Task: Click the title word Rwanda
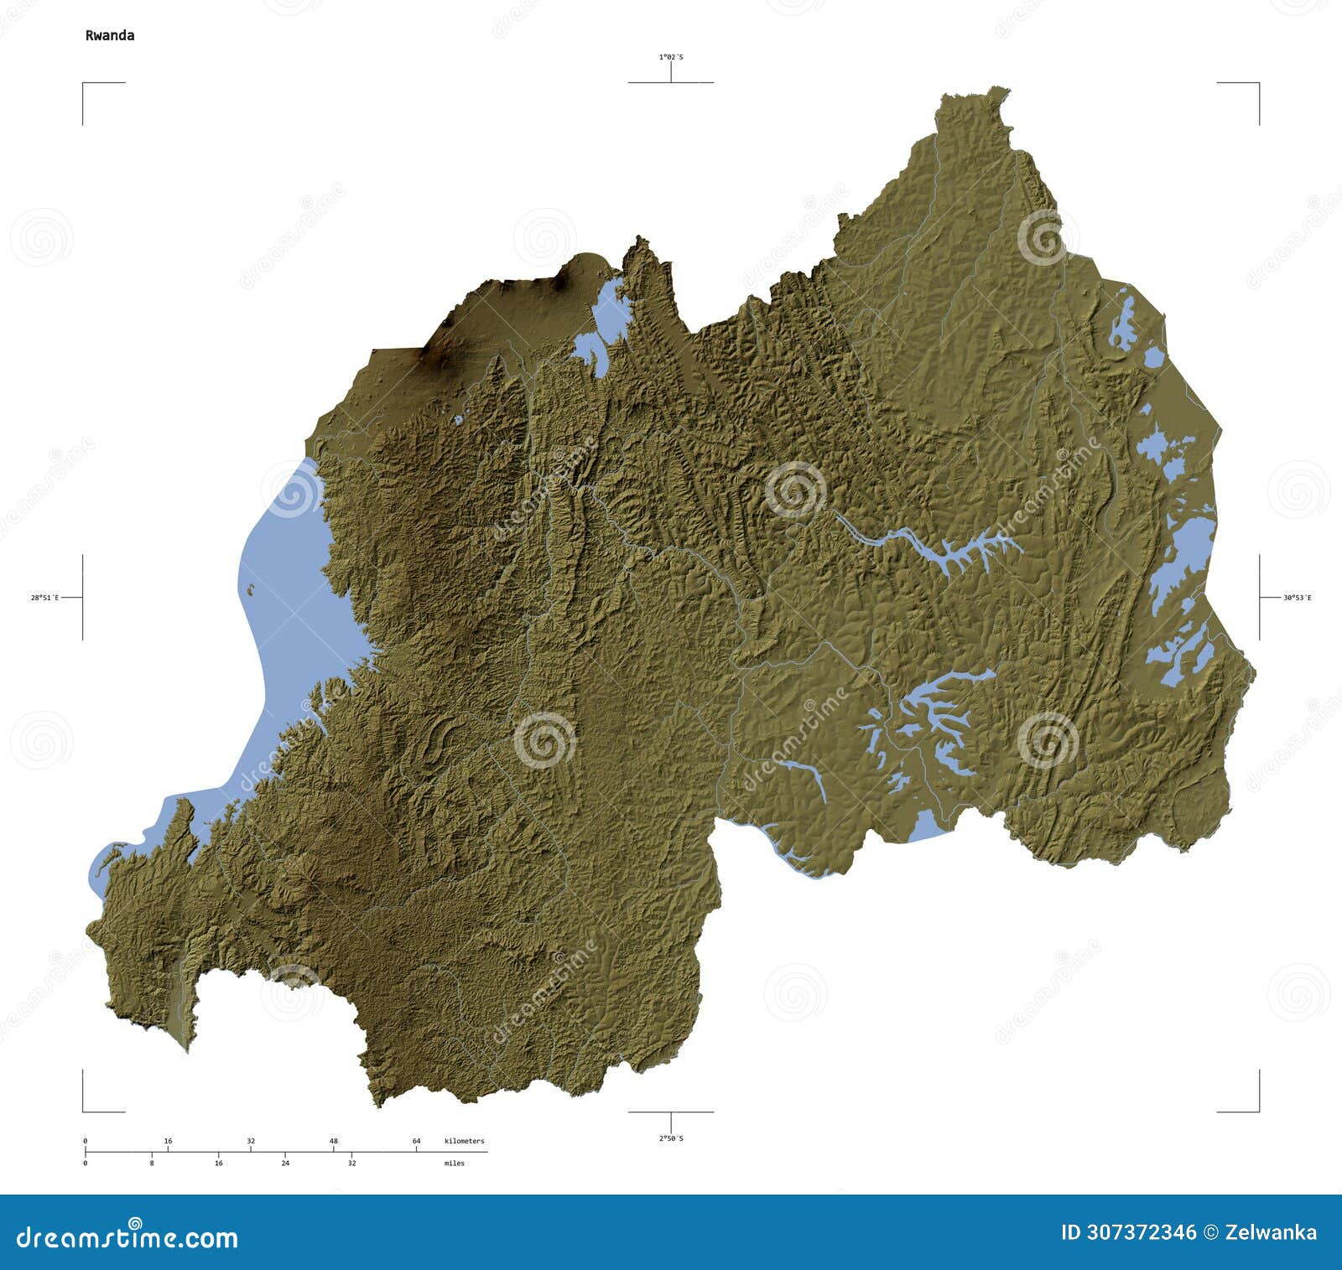pyautogui.click(x=109, y=35)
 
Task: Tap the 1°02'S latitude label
pyautogui.click(x=670, y=57)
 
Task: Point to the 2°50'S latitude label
pyautogui.click(x=670, y=1138)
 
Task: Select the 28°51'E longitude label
pyautogui.click(x=44, y=598)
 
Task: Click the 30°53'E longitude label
pyautogui.click(x=1297, y=598)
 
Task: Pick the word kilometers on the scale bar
pyautogui.click(x=464, y=1141)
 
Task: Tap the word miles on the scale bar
pyautogui.click(x=454, y=1164)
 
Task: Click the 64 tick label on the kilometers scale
pyautogui.click(x=416, y=1141)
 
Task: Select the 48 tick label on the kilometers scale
pyautogui.click(x=334, y=1141)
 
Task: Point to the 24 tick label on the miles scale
pyautogui.click(x=285, y=1164)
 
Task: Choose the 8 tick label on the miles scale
pyautogui.click(x=152, y=1164)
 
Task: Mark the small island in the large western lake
pyautogui.click(x=250, y=588)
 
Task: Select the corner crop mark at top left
pyautogui.click(x=84, y=85)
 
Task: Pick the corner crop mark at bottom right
pyautogui.click(x=1257, y=1110)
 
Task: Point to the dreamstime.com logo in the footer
pyautogui.click(x=127, y=1236)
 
